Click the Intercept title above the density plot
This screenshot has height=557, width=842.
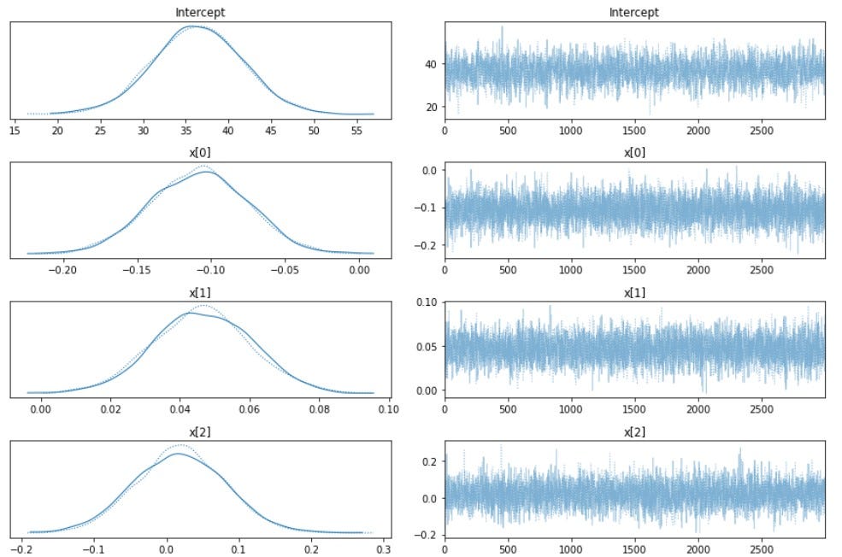201,13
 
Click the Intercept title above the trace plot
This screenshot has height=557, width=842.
634,13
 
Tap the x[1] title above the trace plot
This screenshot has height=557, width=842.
634,292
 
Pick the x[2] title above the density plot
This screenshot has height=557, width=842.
201,432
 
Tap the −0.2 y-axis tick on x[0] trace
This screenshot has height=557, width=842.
427,245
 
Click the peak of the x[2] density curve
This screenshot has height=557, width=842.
178,453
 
